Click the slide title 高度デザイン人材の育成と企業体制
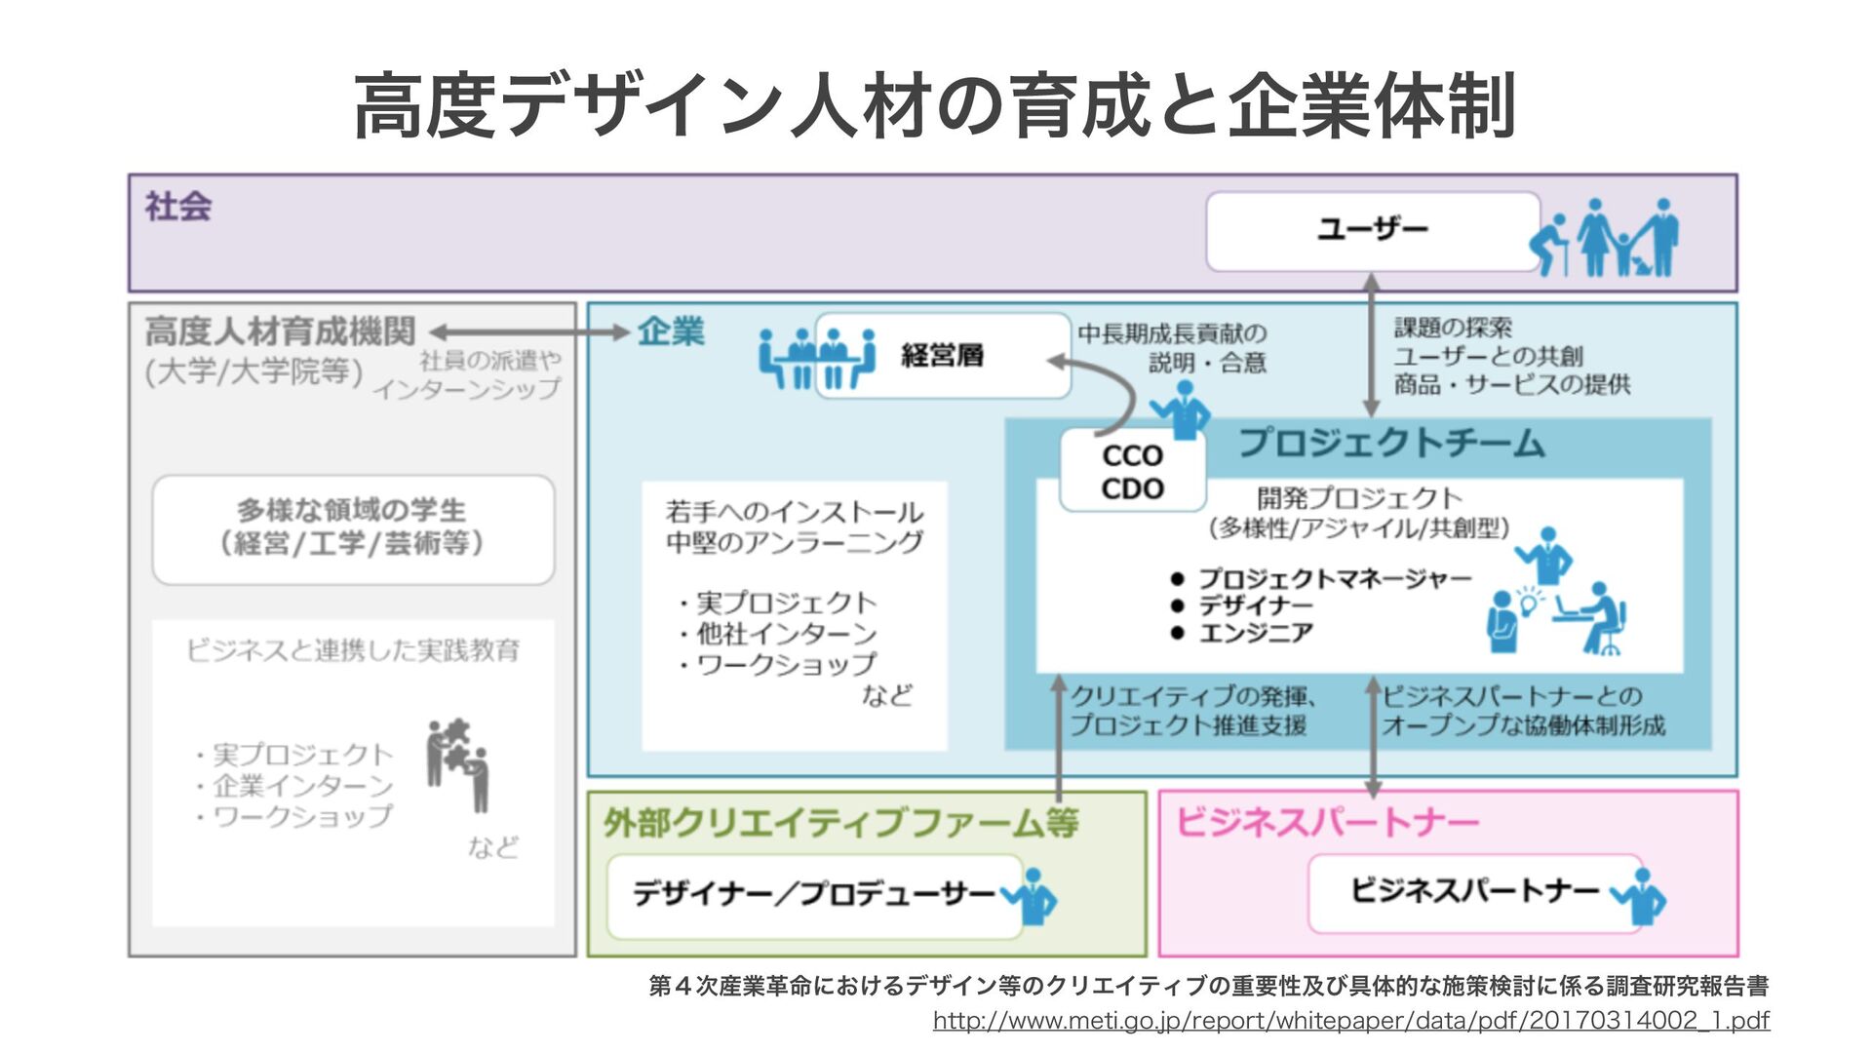tap(934, 105)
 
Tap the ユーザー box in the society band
tap(1372, 231)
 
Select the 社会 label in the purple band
tap(178, 207)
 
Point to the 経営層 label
tap(942, 356)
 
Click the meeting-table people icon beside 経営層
tap(817, 358)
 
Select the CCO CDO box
tap(1132, 472)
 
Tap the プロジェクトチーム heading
tap(1391, 444)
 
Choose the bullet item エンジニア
tap(1256, 634)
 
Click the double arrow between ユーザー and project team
tap(1371, 344)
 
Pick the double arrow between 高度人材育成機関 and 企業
tap(529, 332)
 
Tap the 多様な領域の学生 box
tap(353, 528)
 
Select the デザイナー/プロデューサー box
tap(814, 894)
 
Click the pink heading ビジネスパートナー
tap(1327, 823)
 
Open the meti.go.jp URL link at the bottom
tap(1350, 1021)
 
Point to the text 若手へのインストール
tap(794, 512)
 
